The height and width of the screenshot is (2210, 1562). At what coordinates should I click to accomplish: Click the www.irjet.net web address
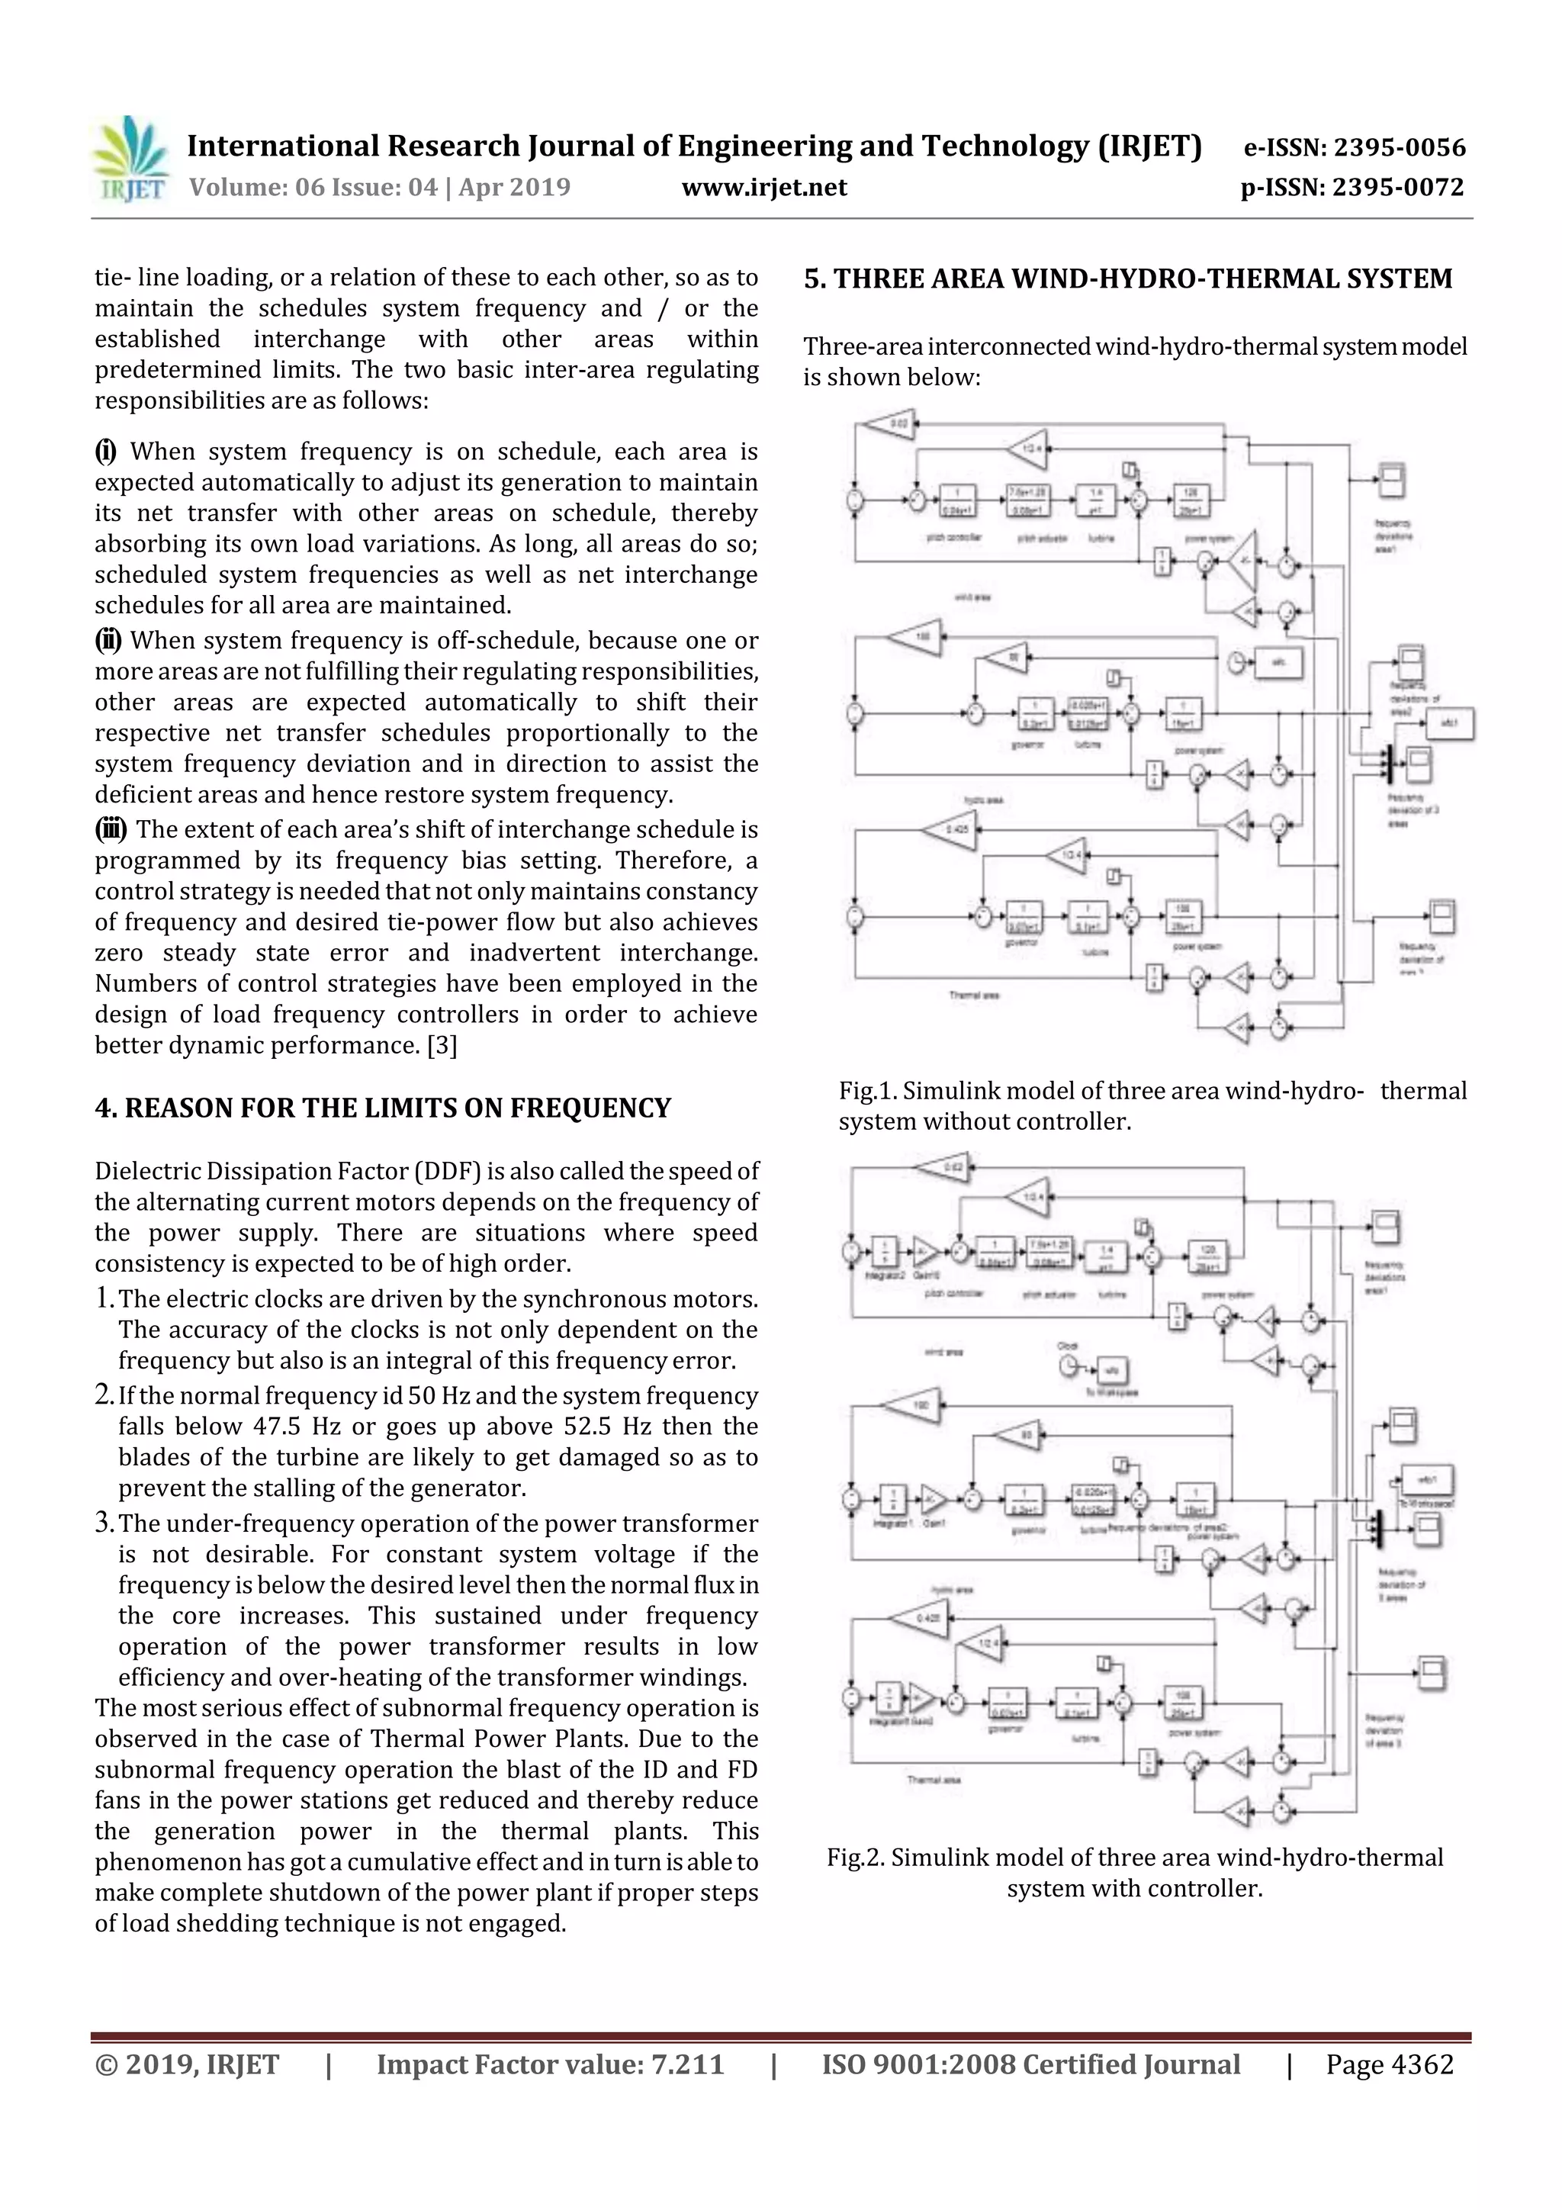(764, 187)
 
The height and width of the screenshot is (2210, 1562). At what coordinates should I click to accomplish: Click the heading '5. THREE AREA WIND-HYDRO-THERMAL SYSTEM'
(1128, 279)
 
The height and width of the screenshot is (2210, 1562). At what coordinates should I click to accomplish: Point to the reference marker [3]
(442, 1045)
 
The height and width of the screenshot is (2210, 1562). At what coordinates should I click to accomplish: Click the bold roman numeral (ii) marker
(108, 640)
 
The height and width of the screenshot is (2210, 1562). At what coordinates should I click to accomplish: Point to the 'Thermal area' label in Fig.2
(933, 1780)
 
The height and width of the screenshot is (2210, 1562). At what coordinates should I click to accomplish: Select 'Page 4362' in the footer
(1389, 2064)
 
